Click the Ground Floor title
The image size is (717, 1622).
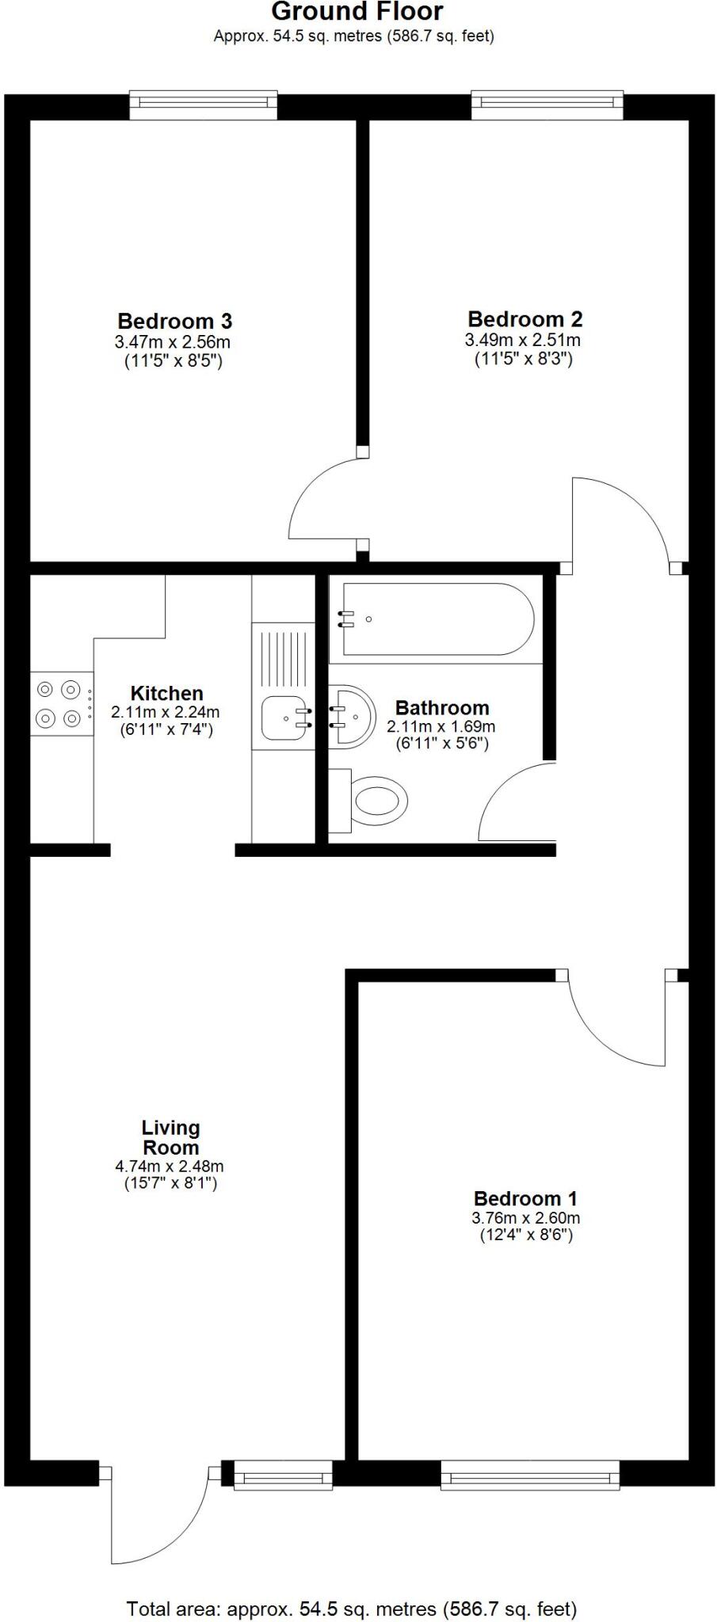[x=357, y=12]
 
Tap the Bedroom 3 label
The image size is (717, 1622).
[x=174, y=322]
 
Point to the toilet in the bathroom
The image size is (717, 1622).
[x=376, y=800]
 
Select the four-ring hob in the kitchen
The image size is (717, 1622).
[x=60, y=704]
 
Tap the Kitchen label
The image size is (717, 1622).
[x=166, y=694]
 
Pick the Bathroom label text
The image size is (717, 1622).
[x=441, y=708]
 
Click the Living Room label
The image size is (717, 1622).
[x=170, y=1137]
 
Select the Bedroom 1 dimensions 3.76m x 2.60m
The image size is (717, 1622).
[x=525, y=1218]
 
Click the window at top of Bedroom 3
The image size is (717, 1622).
[x=204, y=104]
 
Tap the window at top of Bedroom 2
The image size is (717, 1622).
[x=547, y=104]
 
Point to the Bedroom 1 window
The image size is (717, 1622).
[x=530, y=1475]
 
